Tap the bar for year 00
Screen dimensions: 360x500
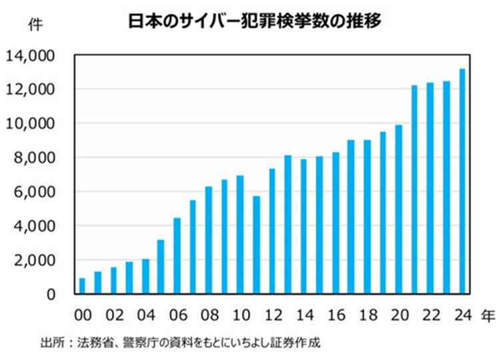[82, 286]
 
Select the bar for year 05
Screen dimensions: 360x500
[161, 267]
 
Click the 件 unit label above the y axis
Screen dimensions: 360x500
[33, 25]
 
